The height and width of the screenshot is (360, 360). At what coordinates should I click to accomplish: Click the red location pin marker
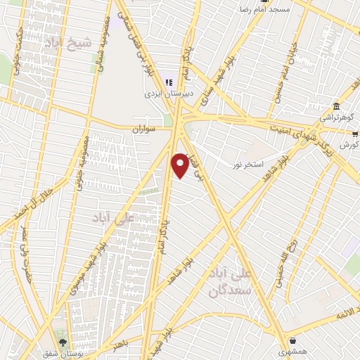pos(180,165)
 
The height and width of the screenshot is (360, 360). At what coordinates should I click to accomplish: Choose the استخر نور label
pos(249,164)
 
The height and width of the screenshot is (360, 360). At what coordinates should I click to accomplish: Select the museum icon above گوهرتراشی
pos(336,107)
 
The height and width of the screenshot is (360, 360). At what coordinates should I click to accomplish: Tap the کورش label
pos(349,144)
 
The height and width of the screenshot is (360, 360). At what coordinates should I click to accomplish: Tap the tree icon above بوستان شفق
pos(64,341)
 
